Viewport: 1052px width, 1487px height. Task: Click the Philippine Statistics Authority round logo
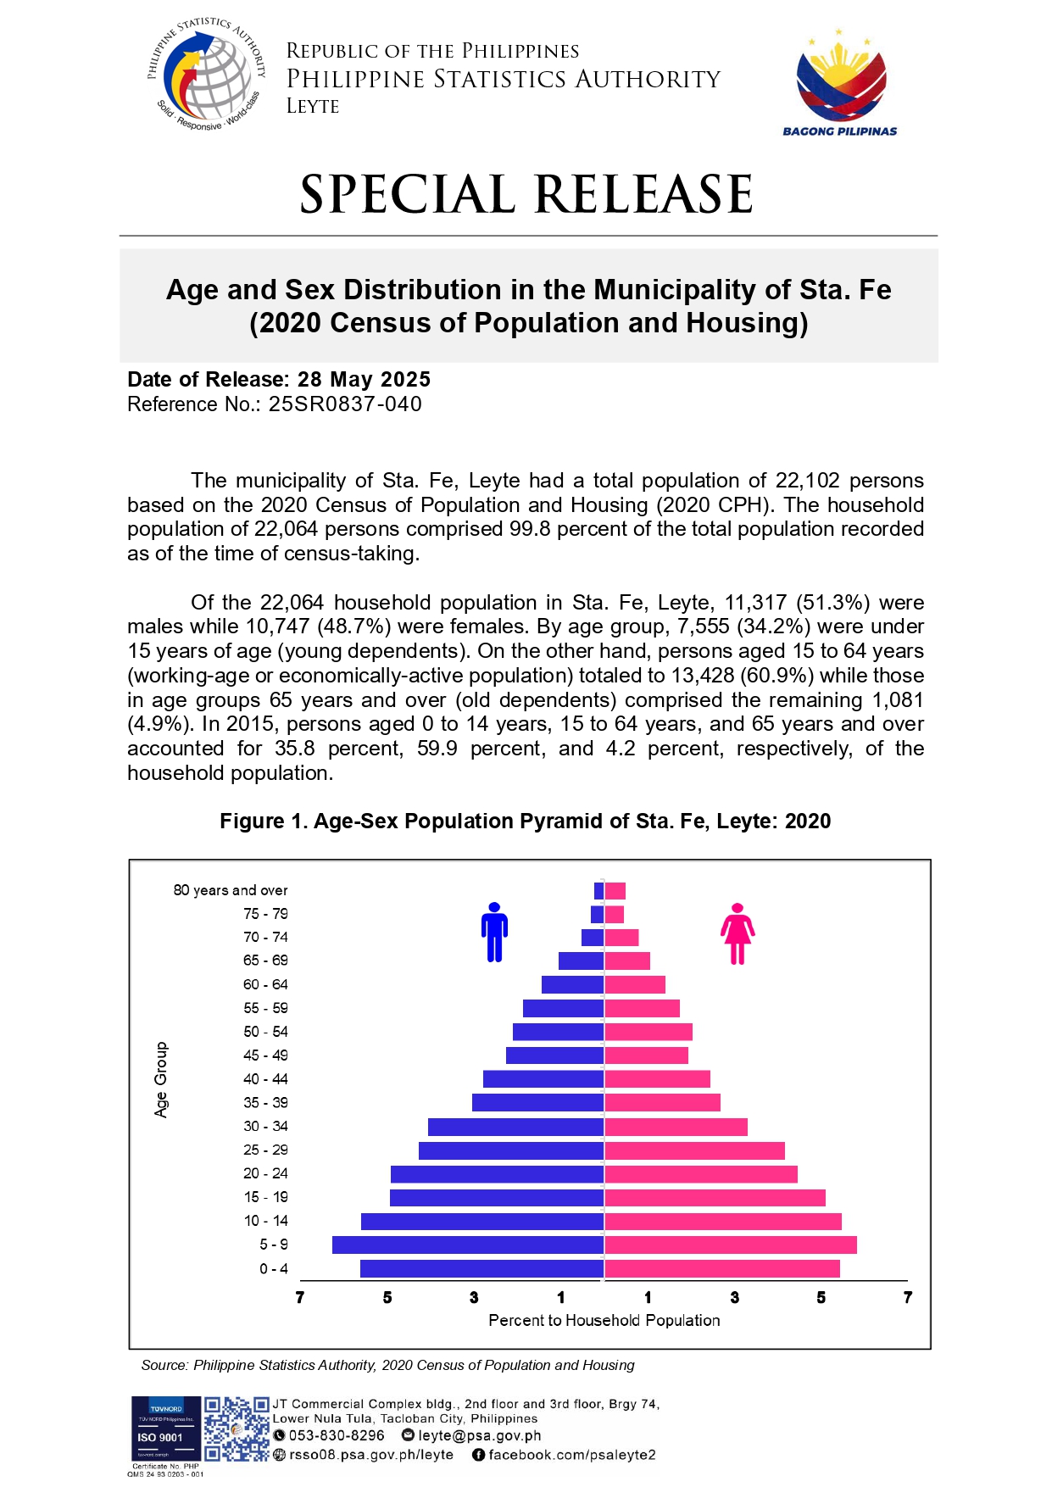click(207, 75)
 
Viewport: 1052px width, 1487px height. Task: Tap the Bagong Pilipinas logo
click(839, 83)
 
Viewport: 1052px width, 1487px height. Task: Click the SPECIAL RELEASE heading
click(526, 194)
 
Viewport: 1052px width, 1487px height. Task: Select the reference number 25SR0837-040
click(346, 404)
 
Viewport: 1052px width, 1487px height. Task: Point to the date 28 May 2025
click(365, 379)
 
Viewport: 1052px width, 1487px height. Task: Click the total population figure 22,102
click(807, 481)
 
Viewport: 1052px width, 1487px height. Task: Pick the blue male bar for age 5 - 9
click(468, 1245)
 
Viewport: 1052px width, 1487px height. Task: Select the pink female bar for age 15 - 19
click(715, 1197)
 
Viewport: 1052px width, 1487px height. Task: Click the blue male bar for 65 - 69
click(581, 961)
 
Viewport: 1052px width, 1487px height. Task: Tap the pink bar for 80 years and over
click(615, 890)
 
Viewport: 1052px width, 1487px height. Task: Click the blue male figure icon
click(495, 932)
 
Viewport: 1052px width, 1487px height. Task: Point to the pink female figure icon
click(738, 933)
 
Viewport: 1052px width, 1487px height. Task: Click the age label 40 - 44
click(265, 1079)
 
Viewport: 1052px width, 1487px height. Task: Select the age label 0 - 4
click(274, 1268)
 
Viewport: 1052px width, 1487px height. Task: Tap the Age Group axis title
click(161, 1079)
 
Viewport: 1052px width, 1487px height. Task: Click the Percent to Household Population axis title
click(604, 1320)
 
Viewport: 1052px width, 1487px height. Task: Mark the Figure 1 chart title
click(526, 821)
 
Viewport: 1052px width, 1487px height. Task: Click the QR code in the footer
click(237, 1429)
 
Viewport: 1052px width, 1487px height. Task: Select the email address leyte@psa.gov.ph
click(479, 1435)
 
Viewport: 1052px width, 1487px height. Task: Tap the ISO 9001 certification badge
click(165, 1432)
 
